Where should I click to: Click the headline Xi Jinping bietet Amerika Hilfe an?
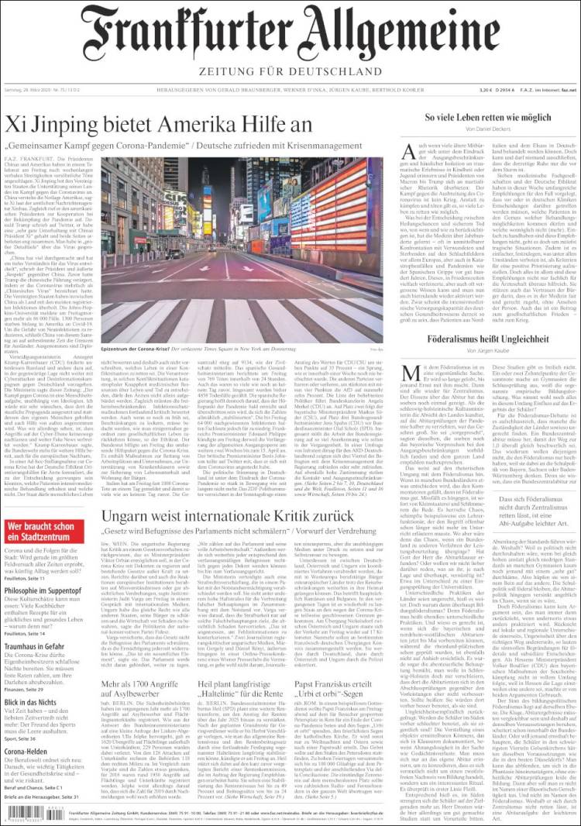[159, 123]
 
